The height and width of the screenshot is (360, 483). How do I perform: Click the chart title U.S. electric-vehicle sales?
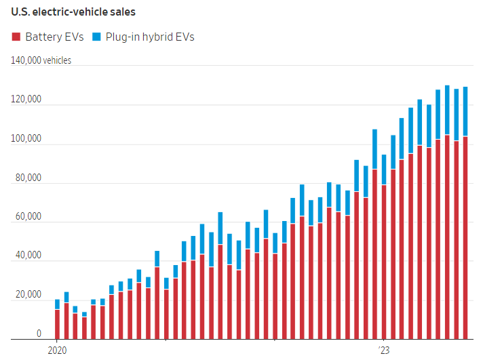(77, 13)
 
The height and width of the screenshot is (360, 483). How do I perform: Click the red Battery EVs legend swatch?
(16, 37)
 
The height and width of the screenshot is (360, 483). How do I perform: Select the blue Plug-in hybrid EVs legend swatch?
(96, 37)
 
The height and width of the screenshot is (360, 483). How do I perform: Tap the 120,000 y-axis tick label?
(26, 100)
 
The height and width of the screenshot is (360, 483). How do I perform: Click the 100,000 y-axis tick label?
(26, 139)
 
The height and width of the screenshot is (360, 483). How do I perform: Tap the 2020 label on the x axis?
(58, 351)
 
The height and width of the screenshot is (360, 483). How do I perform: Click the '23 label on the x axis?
(384, 351)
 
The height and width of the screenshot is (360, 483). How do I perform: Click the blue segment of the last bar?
(465, 111)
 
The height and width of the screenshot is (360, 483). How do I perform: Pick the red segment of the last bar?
(465, 237)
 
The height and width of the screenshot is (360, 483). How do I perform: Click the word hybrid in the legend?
(153, 37)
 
